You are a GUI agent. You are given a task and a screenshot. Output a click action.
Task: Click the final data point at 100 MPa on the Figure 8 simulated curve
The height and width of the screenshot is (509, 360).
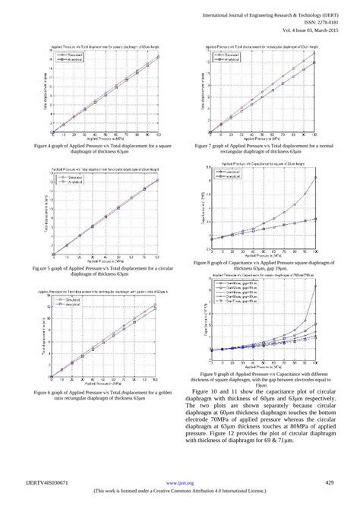coord(314,178)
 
